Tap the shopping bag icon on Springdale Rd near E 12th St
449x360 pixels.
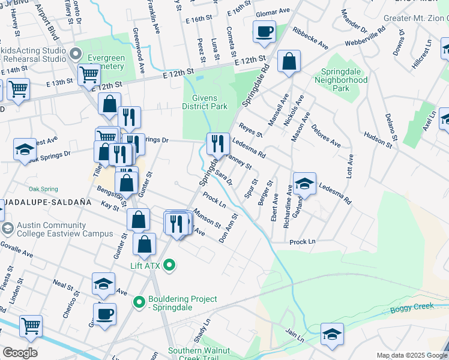tap(289, 61)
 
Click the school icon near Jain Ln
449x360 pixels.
tap(332, 335)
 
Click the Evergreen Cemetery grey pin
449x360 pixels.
tap(75, 54)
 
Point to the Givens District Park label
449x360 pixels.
tap(205, 102)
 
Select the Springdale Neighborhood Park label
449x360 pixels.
tap(340, 79)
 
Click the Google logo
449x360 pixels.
tap(20, 353)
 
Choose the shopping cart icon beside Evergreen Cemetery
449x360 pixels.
tap(89, 75)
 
